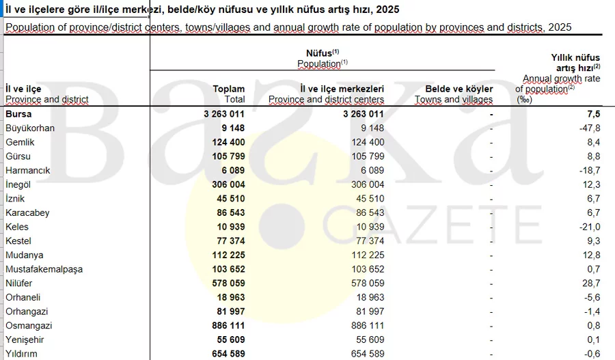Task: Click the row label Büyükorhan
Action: [x=29, y=128]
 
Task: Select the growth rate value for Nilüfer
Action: [x=590, y=283]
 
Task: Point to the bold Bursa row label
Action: [x=18, y=114]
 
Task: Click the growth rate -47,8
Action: [x=588, y=128]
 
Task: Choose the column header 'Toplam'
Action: [x=228, y=89]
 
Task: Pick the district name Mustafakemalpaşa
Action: [x=44, y=269]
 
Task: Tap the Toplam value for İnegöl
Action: [x=223, y=184]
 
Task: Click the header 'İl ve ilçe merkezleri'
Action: [x=342, y=89]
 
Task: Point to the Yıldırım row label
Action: [x=22, y=354]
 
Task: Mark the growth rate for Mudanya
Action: [x=590, y=255]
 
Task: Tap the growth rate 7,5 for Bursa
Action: [x=593, y=114]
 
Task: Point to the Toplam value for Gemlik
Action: [x=223, y=142]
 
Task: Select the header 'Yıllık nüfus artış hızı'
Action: [x=575, y=64]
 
